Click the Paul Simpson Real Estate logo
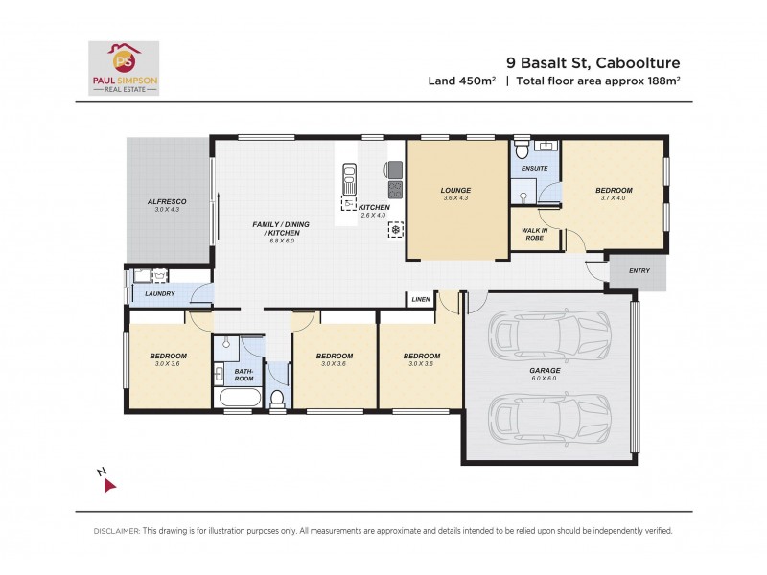(124, 67)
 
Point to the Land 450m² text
(461, 80)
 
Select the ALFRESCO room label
(166, 202)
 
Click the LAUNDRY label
(159, 293)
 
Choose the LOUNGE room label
(456, 190)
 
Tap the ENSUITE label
(534, 169)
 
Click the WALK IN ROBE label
(534, 234)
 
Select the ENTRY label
(639, 270)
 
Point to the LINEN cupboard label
(421, 300)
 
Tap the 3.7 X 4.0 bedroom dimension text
(613, 198)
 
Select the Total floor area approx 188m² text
(598, 80)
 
